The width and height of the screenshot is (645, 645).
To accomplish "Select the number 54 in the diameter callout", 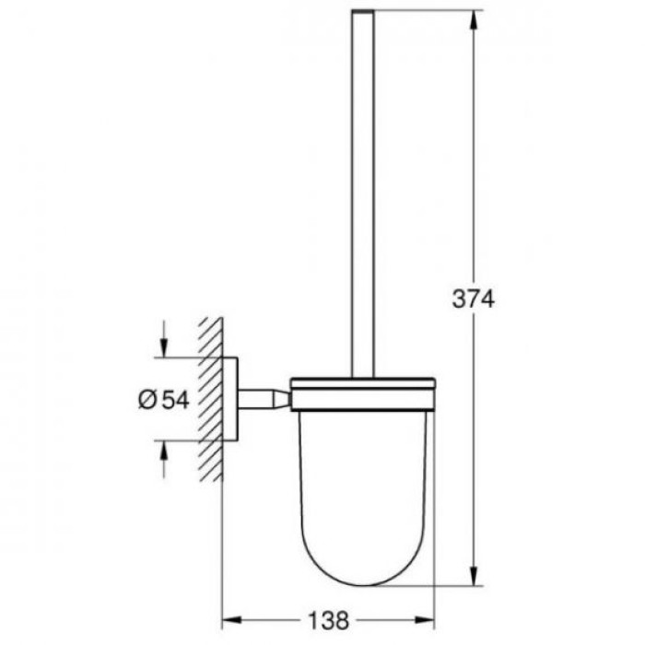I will point(177,399).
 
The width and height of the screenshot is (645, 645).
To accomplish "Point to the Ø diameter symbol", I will point(147,399).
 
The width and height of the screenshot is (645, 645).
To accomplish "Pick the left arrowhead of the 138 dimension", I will point(230,620).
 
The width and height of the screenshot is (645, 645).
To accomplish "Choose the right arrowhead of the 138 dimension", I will point(428,620).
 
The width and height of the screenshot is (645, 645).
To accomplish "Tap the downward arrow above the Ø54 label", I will point(163,348).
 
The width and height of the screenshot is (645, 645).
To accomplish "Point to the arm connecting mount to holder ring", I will point(264,398).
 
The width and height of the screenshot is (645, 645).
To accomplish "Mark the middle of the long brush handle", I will point(362,193).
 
